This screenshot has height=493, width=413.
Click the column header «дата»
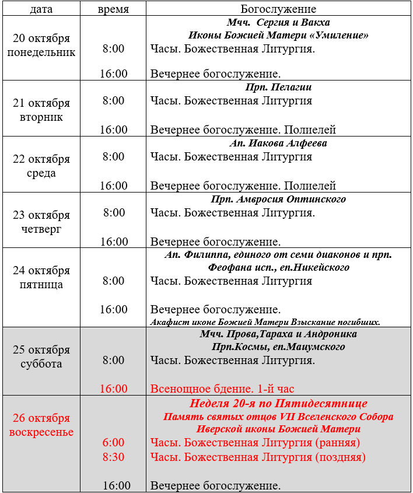click(x=41, y=9)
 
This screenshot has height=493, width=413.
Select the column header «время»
click(x=113, y=9)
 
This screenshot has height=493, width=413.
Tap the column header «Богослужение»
click(x=278, y=9)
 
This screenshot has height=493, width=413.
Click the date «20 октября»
click(x=41, y=39)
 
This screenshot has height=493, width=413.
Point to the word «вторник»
click(x=41, y=117)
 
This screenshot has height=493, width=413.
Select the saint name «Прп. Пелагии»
click(x=278, y=88)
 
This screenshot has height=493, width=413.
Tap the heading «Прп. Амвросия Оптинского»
click(x=278, y=200)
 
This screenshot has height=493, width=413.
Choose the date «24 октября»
click(x=41, y=271)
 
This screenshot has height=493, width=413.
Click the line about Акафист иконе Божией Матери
click(x=265, y=322)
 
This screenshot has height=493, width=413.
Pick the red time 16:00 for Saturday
click(x=114, y=389)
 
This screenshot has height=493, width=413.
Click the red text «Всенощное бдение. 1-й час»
click(x=222, y=389)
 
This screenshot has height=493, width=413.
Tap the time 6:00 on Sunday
click(x=114, y=443)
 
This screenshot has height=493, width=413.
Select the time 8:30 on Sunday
click(x=114, y=457)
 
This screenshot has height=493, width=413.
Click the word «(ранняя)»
click(x=337, y=443)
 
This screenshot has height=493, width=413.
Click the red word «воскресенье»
click(x=41, y=432)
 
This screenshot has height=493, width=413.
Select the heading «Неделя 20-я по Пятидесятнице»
click(x=278, y=403)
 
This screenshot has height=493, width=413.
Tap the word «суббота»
click(x=41, y=364)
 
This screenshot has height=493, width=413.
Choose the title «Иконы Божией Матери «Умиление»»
click(x=278, y=36)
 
